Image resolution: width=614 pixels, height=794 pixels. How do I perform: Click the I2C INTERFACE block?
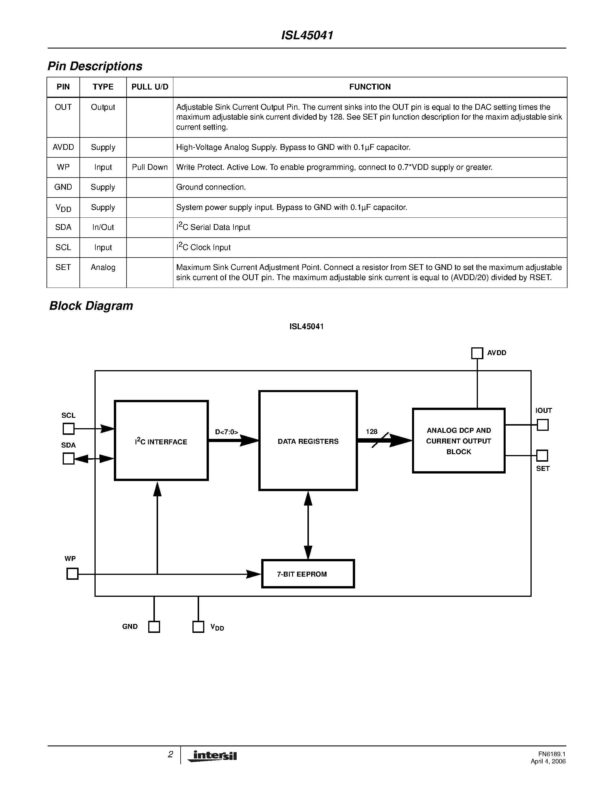pos(161,441)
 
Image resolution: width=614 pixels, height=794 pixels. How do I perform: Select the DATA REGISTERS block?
pos(308,441)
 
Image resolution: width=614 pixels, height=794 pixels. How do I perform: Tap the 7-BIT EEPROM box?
pos(308,574)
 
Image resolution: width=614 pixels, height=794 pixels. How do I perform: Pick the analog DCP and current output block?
pos(459,441)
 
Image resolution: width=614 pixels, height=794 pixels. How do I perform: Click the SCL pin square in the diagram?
pos(68,429)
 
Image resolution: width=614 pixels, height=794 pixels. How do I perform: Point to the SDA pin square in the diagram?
pos(68,458)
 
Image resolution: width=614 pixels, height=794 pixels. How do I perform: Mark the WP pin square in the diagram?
pos(73,574)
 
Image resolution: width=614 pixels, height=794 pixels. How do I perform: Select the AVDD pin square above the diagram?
pos(477,353)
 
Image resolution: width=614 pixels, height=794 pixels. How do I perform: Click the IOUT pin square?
pos(542,425)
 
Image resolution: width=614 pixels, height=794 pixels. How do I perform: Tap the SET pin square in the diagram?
pos(542,456)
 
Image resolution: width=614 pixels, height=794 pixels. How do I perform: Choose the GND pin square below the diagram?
pos(154,627)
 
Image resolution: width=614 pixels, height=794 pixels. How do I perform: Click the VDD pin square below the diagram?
pos(198,627)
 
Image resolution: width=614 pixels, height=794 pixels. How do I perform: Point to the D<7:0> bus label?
pos(226,432)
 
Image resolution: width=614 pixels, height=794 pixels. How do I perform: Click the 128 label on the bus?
pos(371,432)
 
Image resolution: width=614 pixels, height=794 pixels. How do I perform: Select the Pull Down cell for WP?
pos(149,167)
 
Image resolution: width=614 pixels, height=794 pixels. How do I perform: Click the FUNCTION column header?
pos(370,87)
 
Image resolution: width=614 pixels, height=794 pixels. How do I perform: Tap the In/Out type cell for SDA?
pos(103,227)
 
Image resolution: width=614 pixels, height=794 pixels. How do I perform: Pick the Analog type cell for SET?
pos(103,268)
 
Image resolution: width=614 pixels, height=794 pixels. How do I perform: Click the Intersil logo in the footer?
pos(212,756)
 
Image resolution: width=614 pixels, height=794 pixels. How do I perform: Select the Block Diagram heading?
pos(91,306)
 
